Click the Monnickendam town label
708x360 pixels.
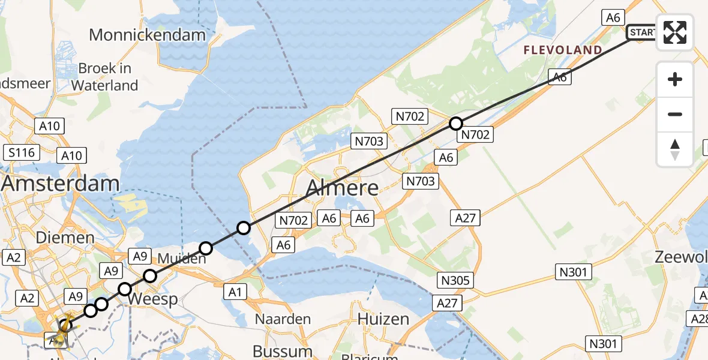(x=147, y=35)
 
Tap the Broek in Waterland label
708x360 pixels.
(x=104, y=77)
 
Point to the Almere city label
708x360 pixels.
(x=342, y=188)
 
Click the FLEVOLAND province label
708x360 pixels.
(x=563, y=50)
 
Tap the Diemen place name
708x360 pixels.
(x=65, y=238)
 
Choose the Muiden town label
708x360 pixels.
(x=181, y=259)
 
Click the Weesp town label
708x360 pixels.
(x=152, y=299)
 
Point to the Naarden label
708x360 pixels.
(x=283, y=319)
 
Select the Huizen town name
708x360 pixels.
(x=384, y=319)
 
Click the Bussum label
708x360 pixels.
(x=282, y=350)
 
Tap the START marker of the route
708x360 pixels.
(x=641, y=32)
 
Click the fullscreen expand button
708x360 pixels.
(x=675, y=32)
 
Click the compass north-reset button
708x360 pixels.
(x=675, y=149)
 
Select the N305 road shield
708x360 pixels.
(x=457, y=280)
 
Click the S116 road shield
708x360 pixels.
(x=20, y=152)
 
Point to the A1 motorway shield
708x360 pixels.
(x=235, y=292)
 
